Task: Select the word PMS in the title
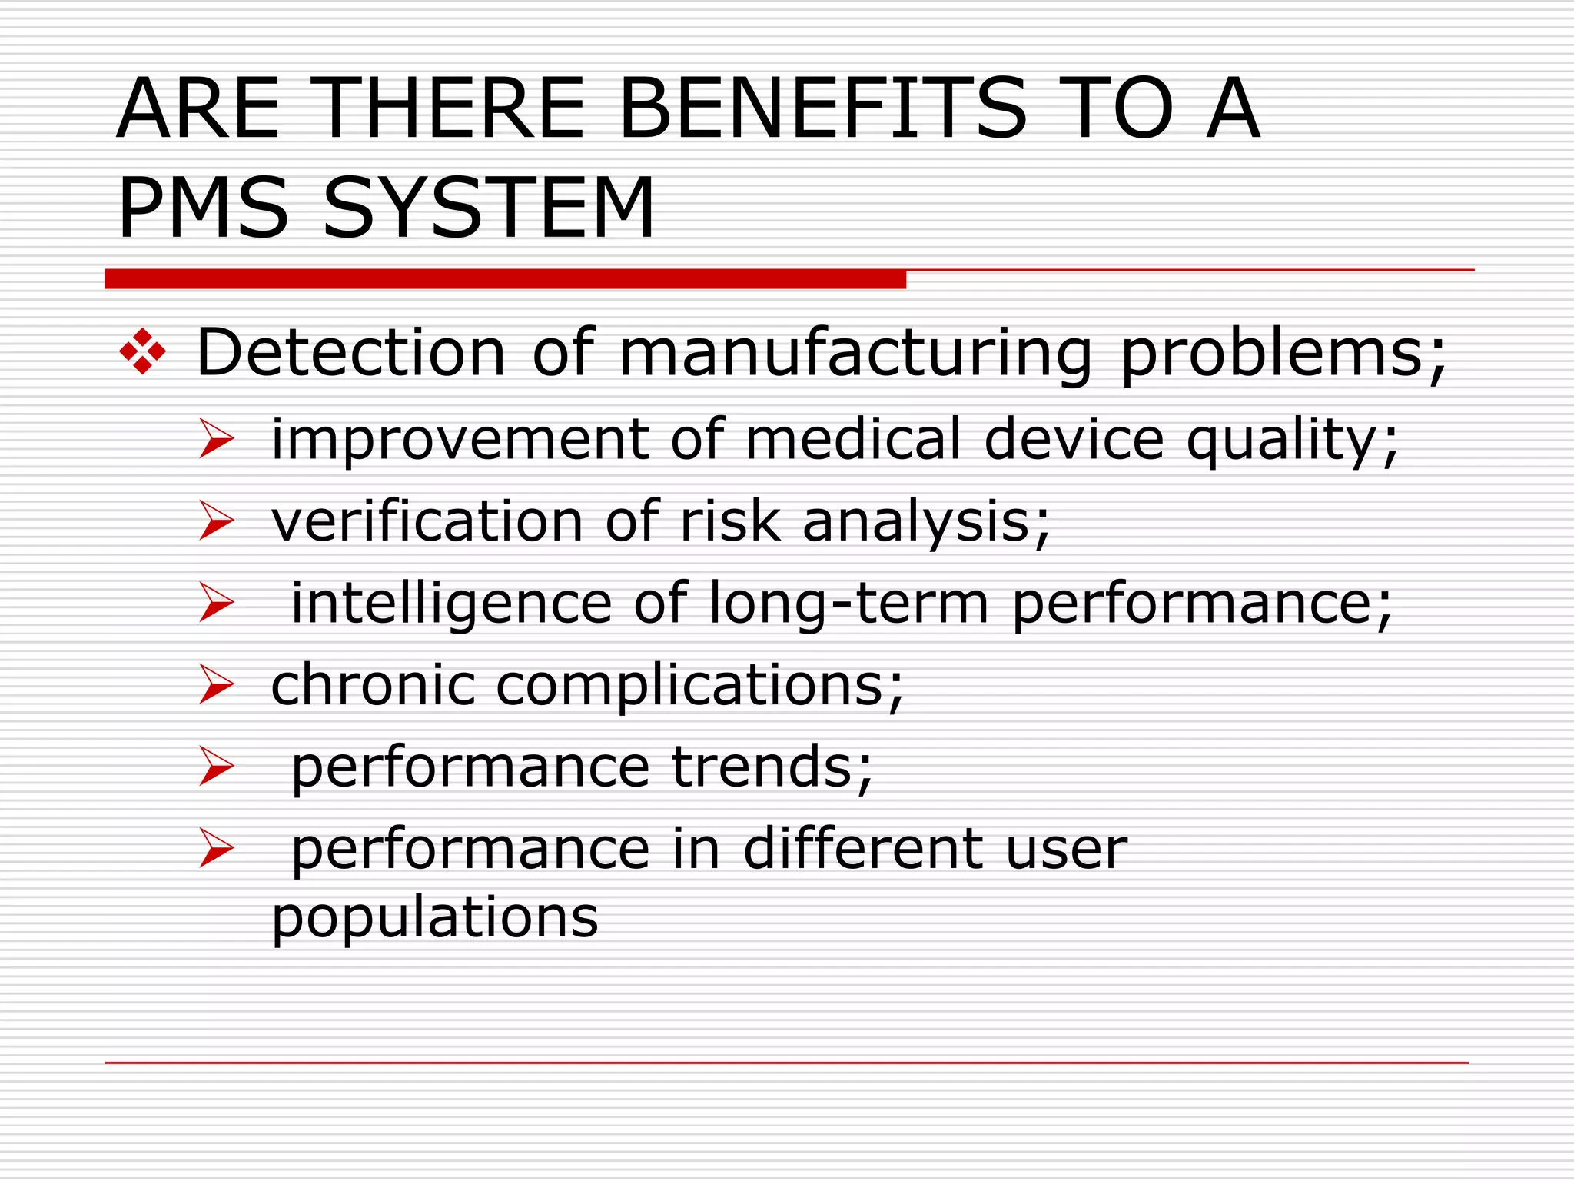pyautogui.click(x=203, y=208)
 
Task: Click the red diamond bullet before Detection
pyautogui.click(x=142, y=352)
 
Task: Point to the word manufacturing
pyautogui.click(x=855, y=354)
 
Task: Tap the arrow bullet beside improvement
pyautogui.click(x=216, y=439)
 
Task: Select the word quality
pyautogui.click(x=1291, y=441)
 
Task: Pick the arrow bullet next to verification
pyautogui.click(x=216, y=521)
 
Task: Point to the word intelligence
pyautogui.click(x=451, y=604)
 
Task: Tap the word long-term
pyautogui.click(x=848, y=604)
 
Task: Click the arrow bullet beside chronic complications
pyautogui.click(x=216, y=684)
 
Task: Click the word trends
pyautogui.click(x=772, y=767)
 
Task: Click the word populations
pyautogui.click(x=435, y=918)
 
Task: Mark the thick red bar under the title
pyautogui.click(x=505, y=279)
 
